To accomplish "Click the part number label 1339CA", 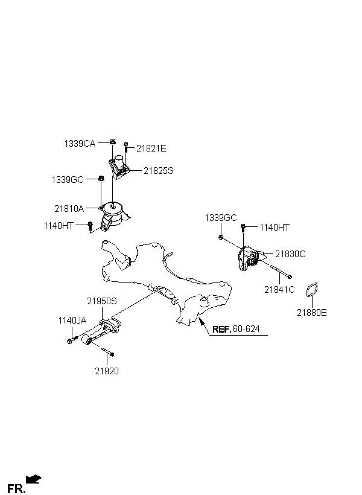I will click(x=80, y=144).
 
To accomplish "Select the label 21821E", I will click(x=151, y=148).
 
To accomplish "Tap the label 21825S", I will click(x=158, y=171).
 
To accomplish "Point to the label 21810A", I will click(x=69, y=209).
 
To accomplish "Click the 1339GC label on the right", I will click(x=221, y=217).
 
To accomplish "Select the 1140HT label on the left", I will click(x=59, y=226).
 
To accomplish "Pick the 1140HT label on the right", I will click(x=275, y=228).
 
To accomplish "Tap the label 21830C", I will click(x=290, y=254).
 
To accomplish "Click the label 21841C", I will click(x=279, y=290).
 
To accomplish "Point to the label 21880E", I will click(x=311, y=312).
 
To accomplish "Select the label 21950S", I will click(x=101, y=300).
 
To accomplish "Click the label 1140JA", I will click(x=72, y=321).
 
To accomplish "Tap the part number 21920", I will click(x=106, y=371).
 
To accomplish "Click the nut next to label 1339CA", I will click(x=113, y=142).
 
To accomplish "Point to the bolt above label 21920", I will click(x=107, y=352).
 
